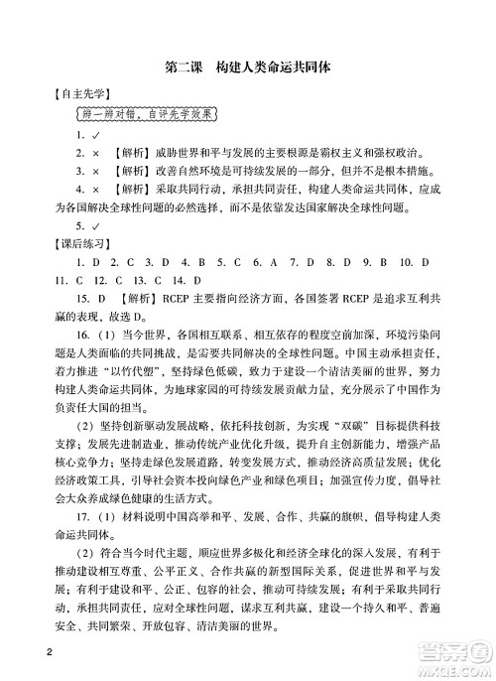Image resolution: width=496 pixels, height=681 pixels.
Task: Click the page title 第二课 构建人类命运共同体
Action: (x=249, y=68)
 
